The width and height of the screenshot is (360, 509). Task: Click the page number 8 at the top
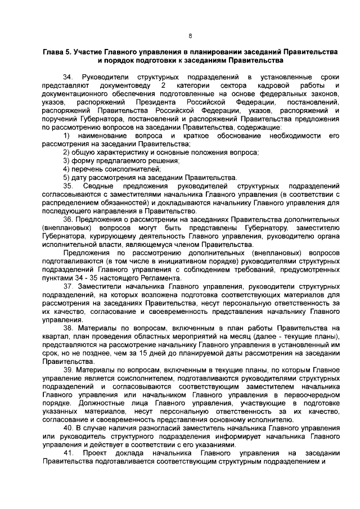[x=190, y=35]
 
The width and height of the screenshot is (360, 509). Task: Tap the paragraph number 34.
[x=67, y=76]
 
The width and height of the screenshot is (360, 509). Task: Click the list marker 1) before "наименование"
[x=66, y=137]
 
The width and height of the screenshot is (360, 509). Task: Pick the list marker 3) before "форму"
[x=66, y=161]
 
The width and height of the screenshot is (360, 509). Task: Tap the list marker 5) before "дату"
[x=66, y=177]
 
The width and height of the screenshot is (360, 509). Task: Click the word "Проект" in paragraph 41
[x=94, y=453]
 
